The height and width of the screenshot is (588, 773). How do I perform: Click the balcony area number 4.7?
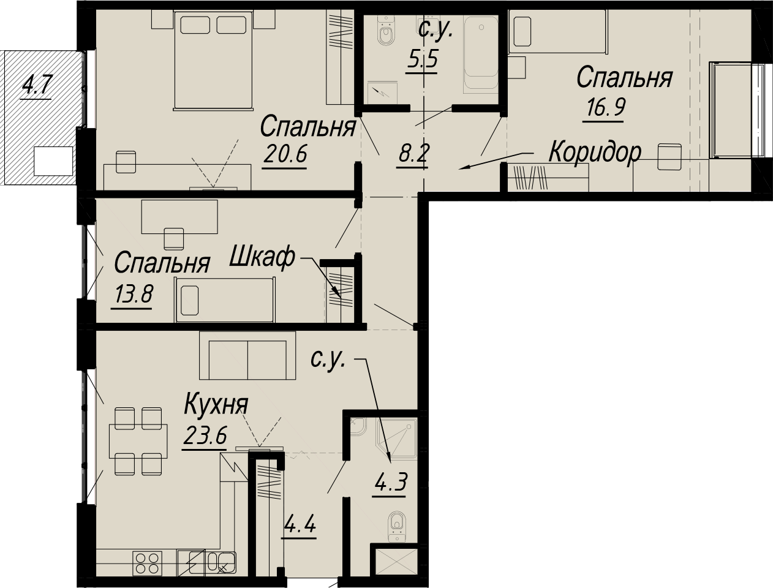(x=37, y=85)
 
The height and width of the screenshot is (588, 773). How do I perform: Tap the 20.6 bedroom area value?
(x=285, y=154)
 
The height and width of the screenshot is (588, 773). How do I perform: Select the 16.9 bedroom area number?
(x=605, y=107)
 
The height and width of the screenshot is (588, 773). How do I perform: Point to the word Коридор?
(x=595, y=152)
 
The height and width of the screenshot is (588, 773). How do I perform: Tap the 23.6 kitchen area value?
(x=205, y=435)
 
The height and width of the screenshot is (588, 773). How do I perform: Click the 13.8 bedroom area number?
(x=132, y=295)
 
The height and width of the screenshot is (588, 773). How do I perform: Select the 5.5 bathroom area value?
(x=421, y=58)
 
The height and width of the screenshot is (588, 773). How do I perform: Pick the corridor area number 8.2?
(x=412, y=154)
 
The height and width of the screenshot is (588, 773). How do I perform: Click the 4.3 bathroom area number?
(x=391, y=482)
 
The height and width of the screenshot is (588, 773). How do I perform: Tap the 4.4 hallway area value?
(x=299, y=525)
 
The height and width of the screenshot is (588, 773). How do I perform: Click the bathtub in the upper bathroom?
(x=481, y=55)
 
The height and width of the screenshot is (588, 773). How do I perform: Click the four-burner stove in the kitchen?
(x=147, y=563)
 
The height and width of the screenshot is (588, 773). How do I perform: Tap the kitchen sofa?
(x=247, y=356)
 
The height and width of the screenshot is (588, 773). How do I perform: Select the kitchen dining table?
(x=138, y=441)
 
